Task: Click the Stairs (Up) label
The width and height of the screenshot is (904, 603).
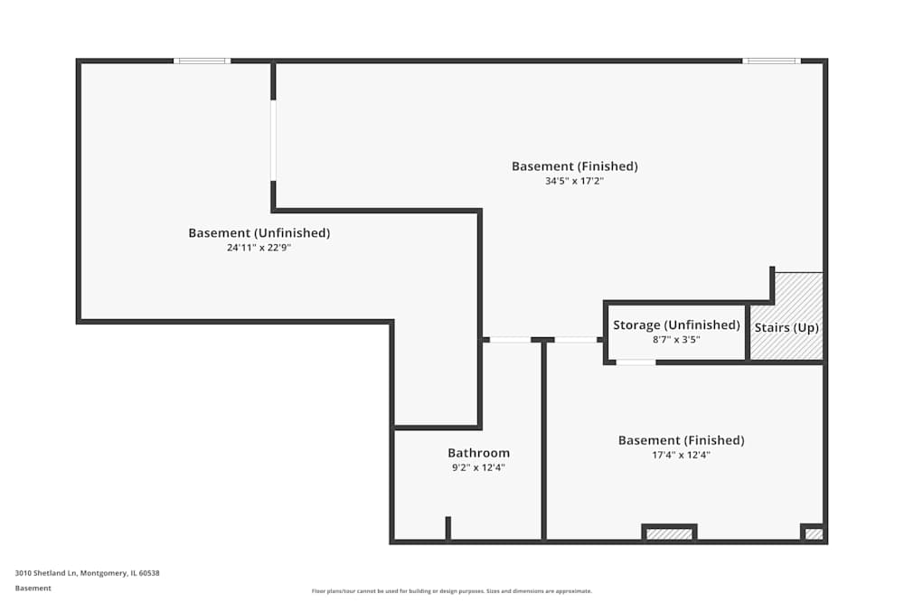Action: point(786,327)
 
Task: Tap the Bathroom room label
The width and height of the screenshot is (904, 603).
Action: point(478,453)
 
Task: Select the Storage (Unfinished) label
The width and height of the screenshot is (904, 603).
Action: point(676,325)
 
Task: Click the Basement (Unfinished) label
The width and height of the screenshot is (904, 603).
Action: point(259,233)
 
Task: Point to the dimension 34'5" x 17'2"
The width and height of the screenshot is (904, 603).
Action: point(574,181)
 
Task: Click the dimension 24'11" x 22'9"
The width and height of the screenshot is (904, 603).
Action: point(259,248)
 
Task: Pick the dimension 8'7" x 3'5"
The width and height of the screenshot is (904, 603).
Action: point(676,340)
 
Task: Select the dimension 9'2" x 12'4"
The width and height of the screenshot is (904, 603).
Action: point(478,467)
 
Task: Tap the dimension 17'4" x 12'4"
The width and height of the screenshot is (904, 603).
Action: point(681,456)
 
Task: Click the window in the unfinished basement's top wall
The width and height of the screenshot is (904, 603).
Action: point(202,61)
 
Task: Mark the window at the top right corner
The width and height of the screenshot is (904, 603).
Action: point(771,61)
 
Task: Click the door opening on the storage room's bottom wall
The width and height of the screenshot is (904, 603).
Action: point(636,363)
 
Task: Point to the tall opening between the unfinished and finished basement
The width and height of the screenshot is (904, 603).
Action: point(273,140)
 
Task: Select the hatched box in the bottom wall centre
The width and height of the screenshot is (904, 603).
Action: point(669,534)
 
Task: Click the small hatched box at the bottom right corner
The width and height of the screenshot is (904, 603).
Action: point(814,534)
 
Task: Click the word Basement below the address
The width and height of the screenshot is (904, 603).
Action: point(33,588)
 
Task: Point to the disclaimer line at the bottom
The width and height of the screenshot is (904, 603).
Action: point(452,591)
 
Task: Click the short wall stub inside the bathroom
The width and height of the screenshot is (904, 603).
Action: point(447,528)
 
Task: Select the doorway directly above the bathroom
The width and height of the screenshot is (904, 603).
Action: point(510,340)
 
